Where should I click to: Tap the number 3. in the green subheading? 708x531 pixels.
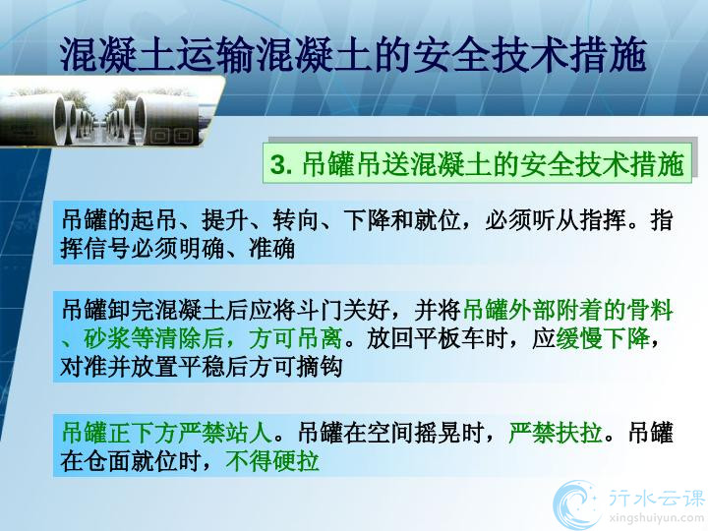[x=281, y=164]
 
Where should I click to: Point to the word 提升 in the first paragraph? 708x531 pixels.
[x=225, y=221]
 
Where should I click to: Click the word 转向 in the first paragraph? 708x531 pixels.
[x=296, y=221]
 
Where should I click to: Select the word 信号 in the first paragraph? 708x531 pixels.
[x=107, y=249]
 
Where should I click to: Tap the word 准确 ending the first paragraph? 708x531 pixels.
[x=271, y=249]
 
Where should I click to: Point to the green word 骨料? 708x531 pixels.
[x=650, y=310]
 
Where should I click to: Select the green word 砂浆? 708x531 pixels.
[x=107, y=338]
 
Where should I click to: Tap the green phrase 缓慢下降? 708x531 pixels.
[x=603, y=338]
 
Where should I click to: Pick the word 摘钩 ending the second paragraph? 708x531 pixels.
[x=320, y=367]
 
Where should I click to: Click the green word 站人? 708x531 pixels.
[x=250, y=433]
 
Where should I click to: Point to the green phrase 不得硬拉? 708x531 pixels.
[x=272, y=461]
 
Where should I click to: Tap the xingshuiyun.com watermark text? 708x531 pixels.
[x=657, y=517]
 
